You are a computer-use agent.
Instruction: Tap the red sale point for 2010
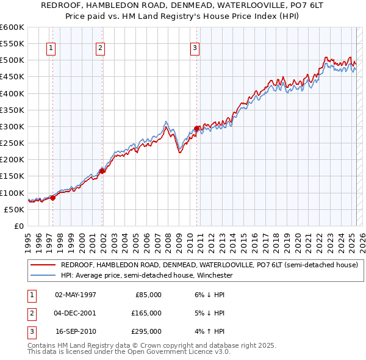(x=196, y=128)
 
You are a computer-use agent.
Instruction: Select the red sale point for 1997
(x=53, y=198)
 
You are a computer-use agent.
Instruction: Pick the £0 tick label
(x=18, y=226)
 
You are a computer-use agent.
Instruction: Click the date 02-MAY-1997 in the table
(x=76, y=294)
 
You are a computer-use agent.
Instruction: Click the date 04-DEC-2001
(x=76, y=313)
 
